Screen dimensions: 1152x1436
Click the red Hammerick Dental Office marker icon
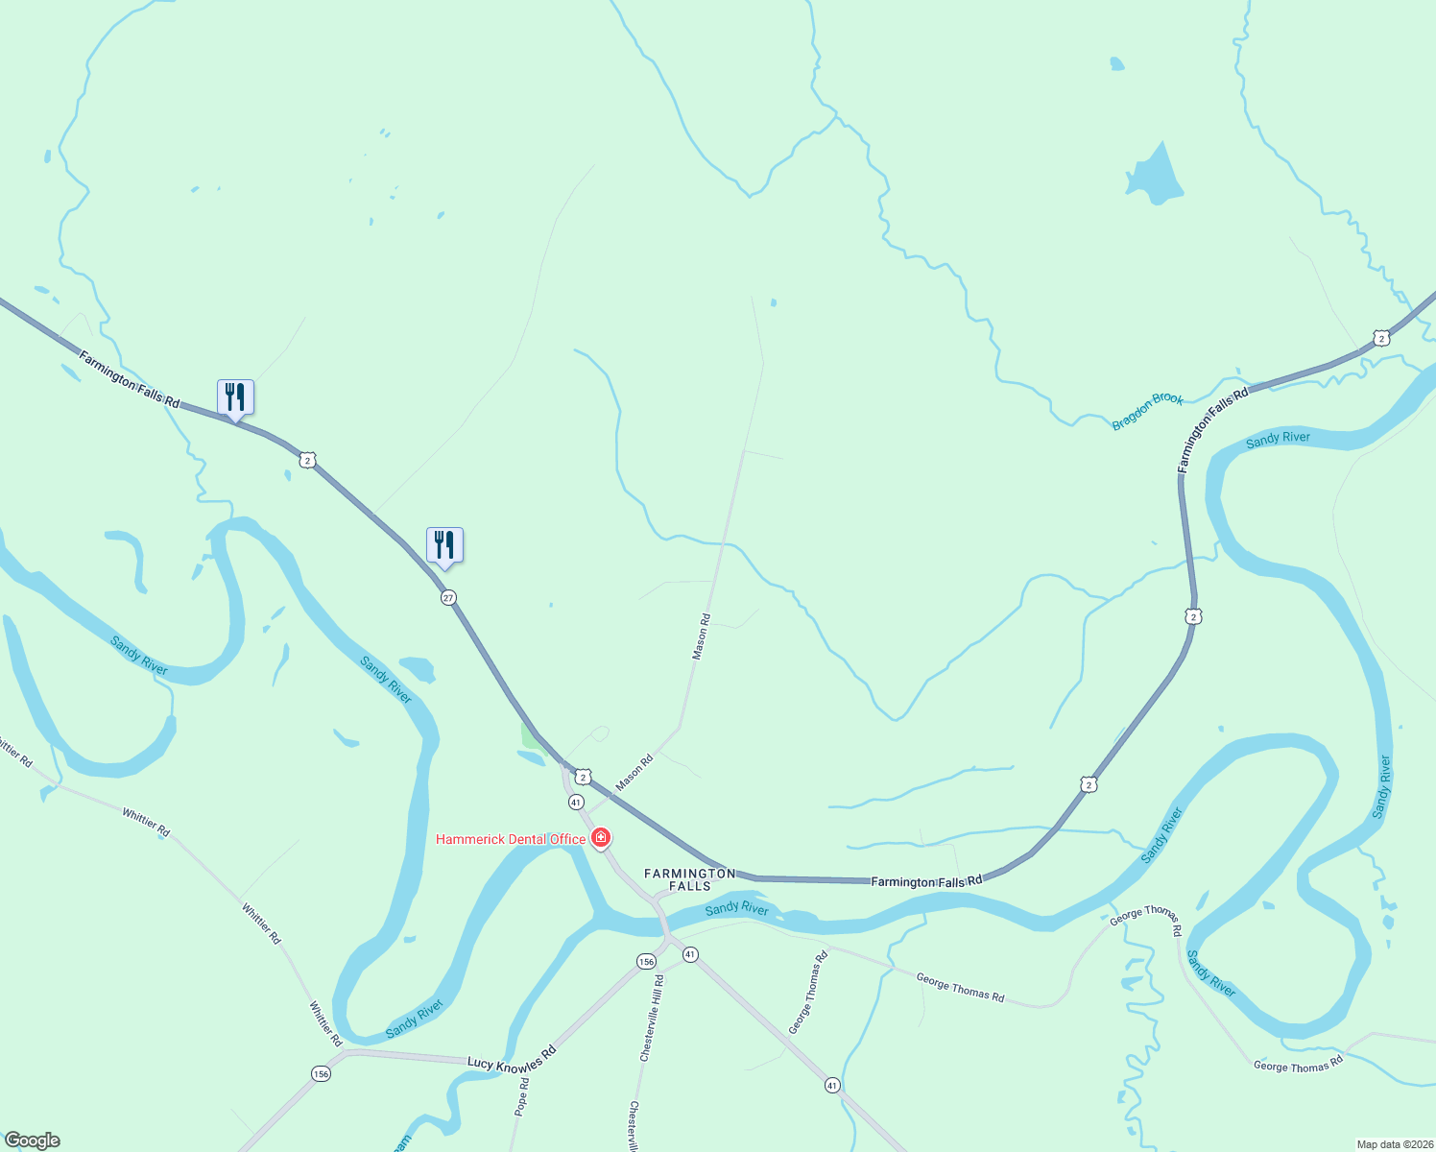coord(601,838)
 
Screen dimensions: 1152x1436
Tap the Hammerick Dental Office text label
coord(511,839)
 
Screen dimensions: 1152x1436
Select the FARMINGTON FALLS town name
coord(689,878)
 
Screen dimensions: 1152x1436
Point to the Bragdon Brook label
coord(1148,411)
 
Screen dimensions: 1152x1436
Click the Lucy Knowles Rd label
coord(512,1057)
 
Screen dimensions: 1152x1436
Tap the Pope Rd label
coord(522,1096)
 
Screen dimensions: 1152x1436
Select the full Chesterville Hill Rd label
coord(652,1019)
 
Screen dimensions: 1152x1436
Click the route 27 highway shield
coord(448,597)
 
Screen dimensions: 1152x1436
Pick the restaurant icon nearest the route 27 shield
coord(444,545)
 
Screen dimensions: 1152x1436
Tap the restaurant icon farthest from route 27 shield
coord(235,397)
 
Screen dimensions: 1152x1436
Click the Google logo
coord(33,1140)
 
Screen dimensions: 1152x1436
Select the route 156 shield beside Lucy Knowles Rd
coord(321,1073)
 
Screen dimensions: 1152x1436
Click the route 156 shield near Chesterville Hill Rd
coord(646,961)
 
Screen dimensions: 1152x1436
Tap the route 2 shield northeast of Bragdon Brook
coord(1380,338)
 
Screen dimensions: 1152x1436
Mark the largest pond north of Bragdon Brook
coord(1155,177)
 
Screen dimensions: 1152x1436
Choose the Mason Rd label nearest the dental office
coord(634,773)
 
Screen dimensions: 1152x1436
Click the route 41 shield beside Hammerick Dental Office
coord(576,802)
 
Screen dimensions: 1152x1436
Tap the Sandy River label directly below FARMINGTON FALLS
coord(736,907)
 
